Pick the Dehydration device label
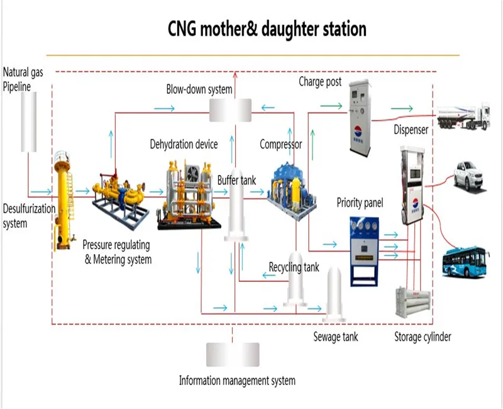[184, 144]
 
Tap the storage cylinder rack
[407, 302]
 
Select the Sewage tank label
[336, 337]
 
